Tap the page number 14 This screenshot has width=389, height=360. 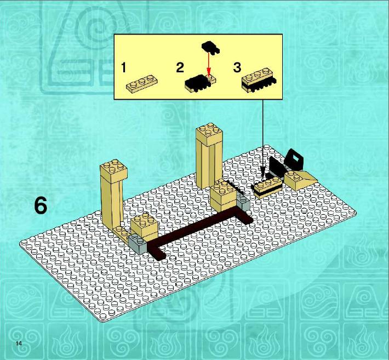[19, 344]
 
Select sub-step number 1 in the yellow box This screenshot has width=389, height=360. [123, 67]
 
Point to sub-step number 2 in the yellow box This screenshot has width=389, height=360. [180, 67]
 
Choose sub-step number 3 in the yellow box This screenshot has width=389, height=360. [237, 67]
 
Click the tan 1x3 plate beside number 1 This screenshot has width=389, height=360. [142, 84]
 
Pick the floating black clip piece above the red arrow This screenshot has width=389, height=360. [211, 47]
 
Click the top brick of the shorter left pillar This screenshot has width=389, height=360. [114, 171]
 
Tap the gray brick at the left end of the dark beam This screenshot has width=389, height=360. [138, 244]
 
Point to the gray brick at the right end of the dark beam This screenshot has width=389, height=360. [243, 202]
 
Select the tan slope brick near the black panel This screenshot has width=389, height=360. [301, 180]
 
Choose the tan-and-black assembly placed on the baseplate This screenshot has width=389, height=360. [268, 187]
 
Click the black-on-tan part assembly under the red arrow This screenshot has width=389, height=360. [200, 84]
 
